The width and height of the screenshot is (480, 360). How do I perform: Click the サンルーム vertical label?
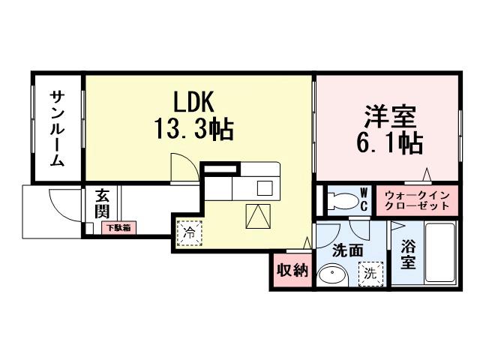58,129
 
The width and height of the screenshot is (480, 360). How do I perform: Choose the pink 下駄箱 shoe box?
117,226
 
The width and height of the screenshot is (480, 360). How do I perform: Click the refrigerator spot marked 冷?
190,233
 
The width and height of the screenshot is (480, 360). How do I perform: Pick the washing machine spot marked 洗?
369,274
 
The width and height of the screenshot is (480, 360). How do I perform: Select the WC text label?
363,199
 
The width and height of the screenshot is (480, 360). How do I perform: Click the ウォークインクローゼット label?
416,200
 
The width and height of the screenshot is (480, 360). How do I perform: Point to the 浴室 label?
408,253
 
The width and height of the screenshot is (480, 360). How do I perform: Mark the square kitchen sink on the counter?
265,187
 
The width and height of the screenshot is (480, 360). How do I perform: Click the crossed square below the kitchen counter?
257,217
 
